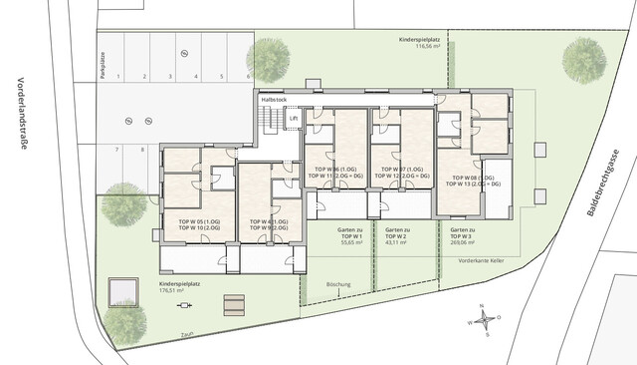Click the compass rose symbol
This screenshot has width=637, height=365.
coord(484,320)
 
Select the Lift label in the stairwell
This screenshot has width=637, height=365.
coord(293,118)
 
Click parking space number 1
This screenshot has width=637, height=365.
coord(118,76)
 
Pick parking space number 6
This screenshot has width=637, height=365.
coord(248,76)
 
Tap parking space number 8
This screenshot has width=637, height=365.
coord(143,150)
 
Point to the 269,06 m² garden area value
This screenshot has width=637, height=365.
coord(461,242)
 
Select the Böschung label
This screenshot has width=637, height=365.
coord(338,283)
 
